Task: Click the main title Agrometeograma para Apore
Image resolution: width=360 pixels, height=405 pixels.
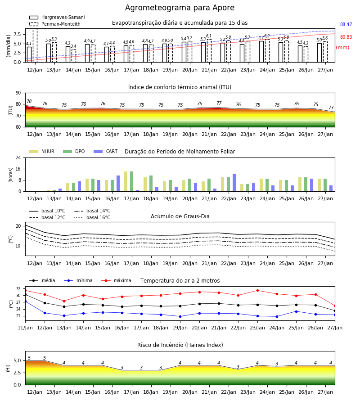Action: pos(180,8)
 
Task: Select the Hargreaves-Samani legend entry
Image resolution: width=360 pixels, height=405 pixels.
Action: pos(57,17)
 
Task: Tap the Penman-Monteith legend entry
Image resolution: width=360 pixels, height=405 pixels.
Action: pos(55,24)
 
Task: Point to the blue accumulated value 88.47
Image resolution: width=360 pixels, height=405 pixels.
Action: pos(346,25)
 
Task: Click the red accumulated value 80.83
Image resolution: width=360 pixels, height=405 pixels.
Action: pos(346,37)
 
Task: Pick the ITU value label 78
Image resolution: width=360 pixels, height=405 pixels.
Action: pos(29,102)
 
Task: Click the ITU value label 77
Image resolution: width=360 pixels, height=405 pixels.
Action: pos(219,103)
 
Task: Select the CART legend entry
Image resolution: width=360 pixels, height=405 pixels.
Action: pos(106,151)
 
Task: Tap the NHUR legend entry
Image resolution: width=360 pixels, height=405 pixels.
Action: pos(42,151)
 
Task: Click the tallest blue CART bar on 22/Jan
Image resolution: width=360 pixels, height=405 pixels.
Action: pos(234,183)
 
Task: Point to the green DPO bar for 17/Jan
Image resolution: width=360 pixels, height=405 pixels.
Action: pos(132,181)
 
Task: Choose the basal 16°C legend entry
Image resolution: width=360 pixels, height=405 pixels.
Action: pos(92,217)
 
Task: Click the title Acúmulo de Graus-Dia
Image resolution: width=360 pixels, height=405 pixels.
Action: pos(180,216)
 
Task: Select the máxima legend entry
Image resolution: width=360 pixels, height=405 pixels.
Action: pos(116,280)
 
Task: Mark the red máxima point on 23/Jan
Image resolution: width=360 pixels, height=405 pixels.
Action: pos(257,291)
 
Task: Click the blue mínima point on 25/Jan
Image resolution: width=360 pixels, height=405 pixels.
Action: pos(296,311)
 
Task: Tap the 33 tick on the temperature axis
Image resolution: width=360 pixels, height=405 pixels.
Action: pos(18,289)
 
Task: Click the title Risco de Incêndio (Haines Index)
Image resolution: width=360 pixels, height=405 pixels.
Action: pos(180,345)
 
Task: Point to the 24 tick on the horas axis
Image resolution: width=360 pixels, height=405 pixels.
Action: pos(18,158)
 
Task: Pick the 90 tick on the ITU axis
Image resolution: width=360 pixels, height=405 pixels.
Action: pos(18,93)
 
